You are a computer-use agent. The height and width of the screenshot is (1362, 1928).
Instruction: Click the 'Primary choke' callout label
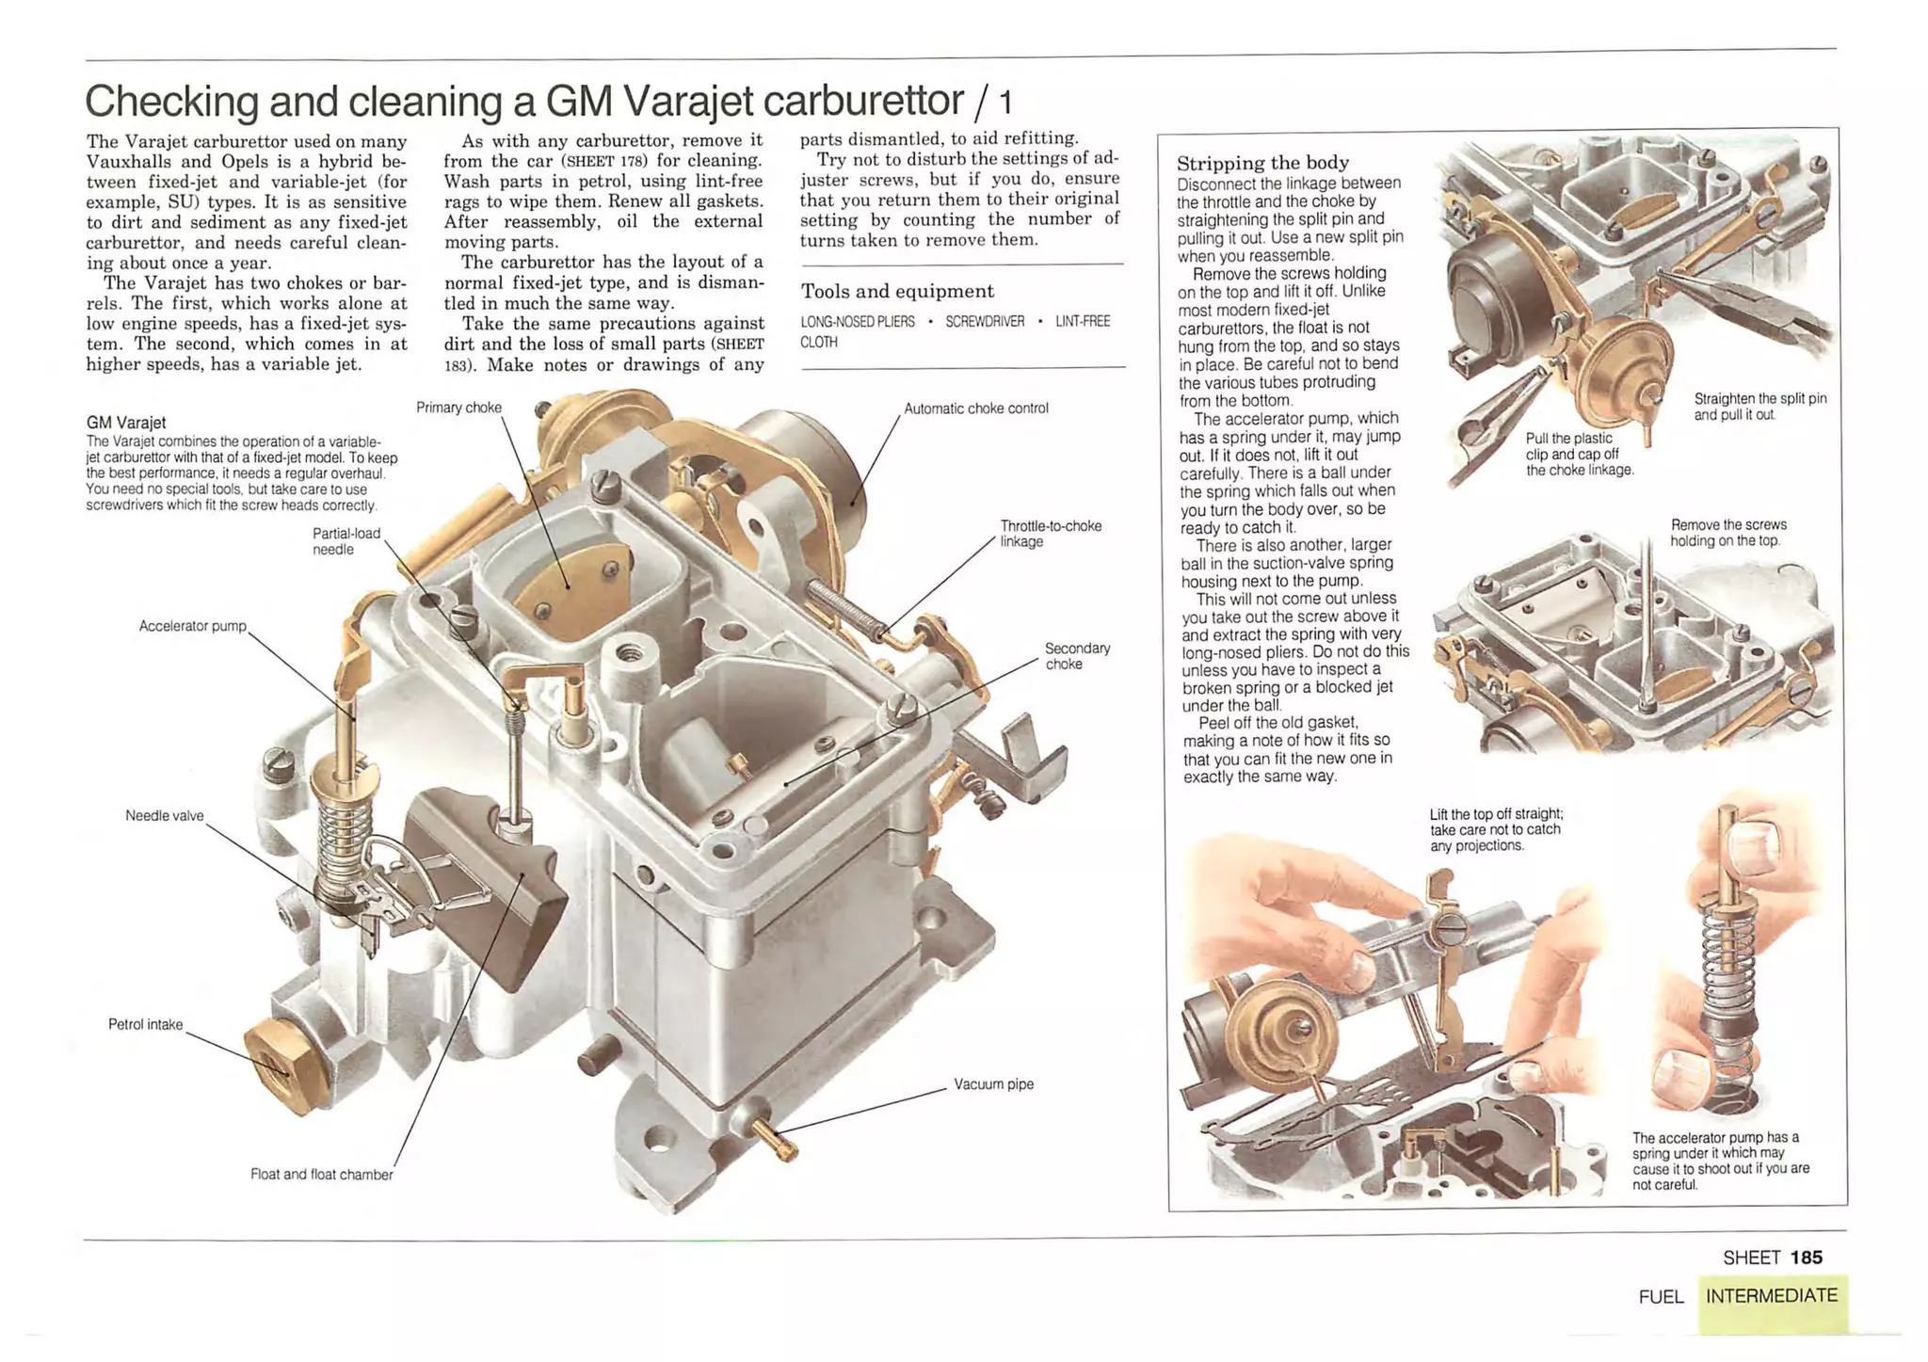pyautogui.click(x=458, y=408)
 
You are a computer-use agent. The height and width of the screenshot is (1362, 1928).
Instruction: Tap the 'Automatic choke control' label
pyautogui.click(x=975, y=409)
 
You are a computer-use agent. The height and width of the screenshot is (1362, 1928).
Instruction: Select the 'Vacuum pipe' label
pyautogui.click(x=993, y=1084)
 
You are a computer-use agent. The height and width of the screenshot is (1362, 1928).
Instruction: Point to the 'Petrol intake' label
pyautogui.click(x=145, y=1024)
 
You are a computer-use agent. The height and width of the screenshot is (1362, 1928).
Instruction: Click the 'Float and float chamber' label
pyautogui.click(x=321, y=1175)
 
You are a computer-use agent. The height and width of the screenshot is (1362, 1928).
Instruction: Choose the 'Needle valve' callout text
pyautogui.click(x=164, y=816)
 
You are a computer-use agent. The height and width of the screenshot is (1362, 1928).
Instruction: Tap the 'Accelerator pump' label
pyautogui.click(x=192, y=626)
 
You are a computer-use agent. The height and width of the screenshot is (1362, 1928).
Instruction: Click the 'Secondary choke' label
pyautogui.click(x=1076, y=656)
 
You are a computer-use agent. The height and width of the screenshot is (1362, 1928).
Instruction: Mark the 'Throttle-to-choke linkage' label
pyautogui.click(x=1050, y=534)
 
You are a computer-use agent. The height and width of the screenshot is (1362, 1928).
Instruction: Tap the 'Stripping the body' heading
pyautogui.click(x=1262, y=163)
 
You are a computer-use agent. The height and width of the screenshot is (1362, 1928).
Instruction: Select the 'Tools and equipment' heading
pyautogui.click(x=896, y=292)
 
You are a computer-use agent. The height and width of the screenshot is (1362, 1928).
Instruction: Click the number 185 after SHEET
pyautogui.click(x=1806, y=1258)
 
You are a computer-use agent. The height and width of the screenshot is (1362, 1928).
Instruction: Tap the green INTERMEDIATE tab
pyautogui.click(x=1771, y=1296)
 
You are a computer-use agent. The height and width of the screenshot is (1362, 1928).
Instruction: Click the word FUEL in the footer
pyautogui.click(x=1661, y=1297)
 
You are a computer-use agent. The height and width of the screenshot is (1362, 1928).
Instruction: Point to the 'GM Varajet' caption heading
pyautogui.click(x=126, y=423)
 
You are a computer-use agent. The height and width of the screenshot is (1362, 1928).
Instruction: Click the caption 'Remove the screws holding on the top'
pyautogui.click(x=1727, y=533)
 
